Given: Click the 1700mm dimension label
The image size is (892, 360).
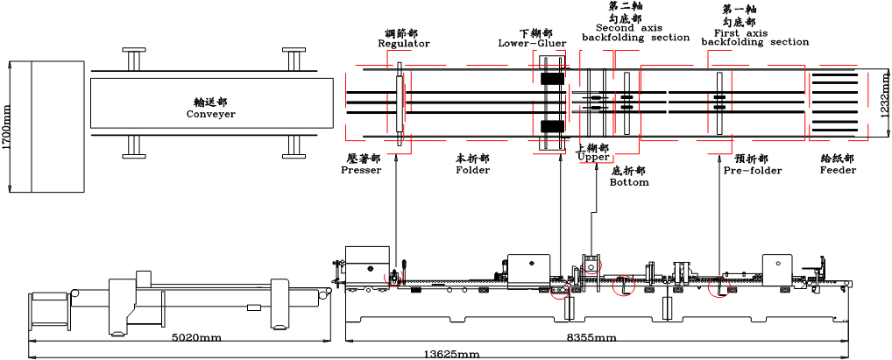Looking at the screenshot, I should [7, 128].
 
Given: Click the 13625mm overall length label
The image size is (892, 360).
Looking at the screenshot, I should [452, 354].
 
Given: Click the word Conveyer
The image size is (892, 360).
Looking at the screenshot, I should [210, 114].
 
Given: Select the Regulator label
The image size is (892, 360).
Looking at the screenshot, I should [403, 43].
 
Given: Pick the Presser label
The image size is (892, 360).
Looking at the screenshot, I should [361, 170].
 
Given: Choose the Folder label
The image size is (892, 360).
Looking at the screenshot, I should [473, 170].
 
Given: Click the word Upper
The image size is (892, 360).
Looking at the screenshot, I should [593, 158].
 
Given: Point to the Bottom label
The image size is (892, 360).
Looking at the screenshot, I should [629, 182].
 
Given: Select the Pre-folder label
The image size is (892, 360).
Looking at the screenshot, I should [753, 170].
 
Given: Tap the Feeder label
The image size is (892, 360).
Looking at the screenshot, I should [838, 170].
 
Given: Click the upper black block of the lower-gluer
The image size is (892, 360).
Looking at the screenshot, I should [552, 78].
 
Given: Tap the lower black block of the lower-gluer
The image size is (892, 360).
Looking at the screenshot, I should [552, 126].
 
